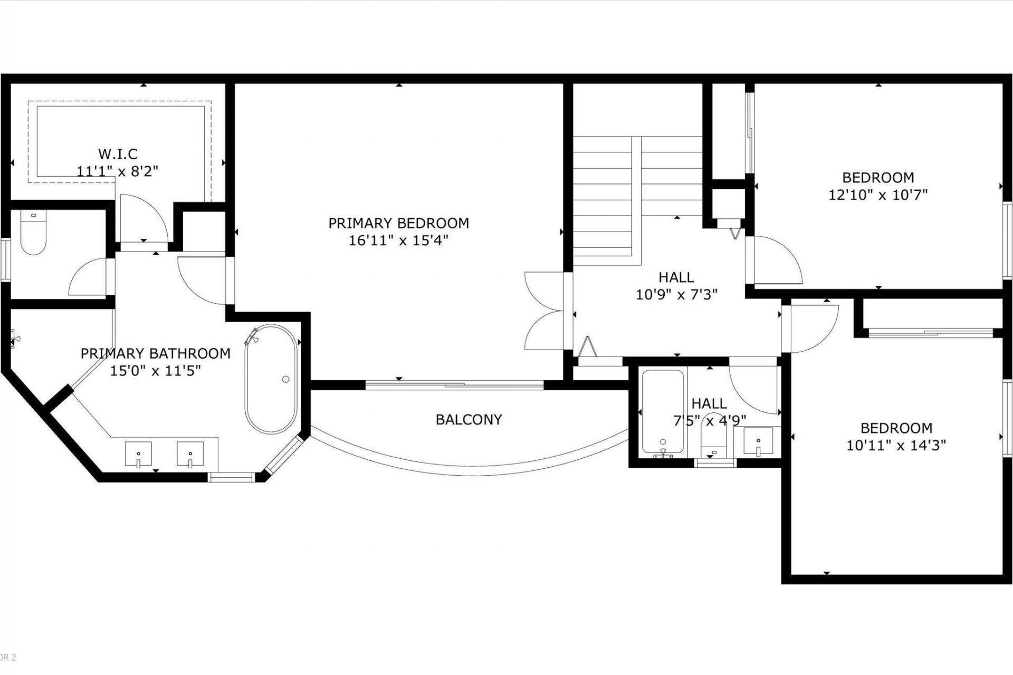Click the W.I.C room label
point(118,154)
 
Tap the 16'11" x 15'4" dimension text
point(398,240)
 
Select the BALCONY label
point(469,419)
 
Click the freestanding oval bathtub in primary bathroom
point(271,379)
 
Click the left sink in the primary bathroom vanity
point(138,454)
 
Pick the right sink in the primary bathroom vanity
point(190,454)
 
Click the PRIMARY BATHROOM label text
point(155,353)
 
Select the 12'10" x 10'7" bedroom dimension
point(878,195)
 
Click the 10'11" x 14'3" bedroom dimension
point(896,446)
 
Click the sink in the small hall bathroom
point(758,441)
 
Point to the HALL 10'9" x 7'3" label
point(676,286)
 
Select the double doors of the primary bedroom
point(543,311)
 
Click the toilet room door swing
point(90,277)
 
